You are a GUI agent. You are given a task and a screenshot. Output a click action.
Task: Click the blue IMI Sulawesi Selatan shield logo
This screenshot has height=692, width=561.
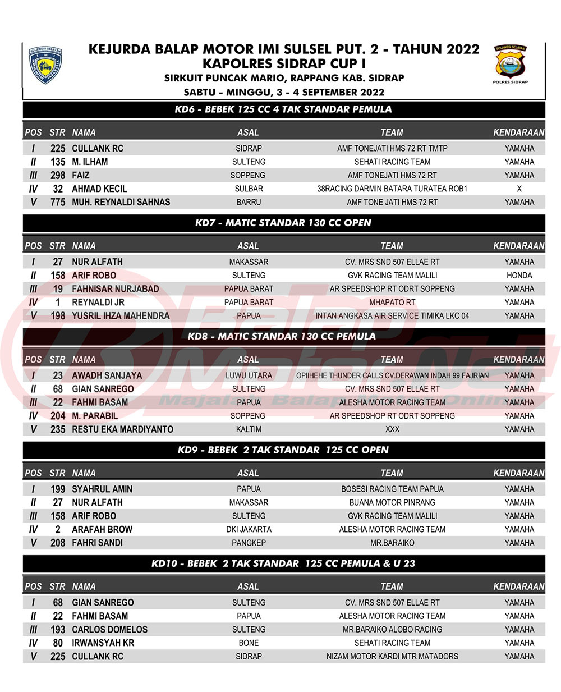pyautogui.click(x=45, y=65)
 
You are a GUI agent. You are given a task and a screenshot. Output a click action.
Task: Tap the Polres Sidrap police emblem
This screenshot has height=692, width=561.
pyautogui.click(x=511, y=63)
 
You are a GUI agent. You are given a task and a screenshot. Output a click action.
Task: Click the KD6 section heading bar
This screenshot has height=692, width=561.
pyautogui.click(x=283, y=109)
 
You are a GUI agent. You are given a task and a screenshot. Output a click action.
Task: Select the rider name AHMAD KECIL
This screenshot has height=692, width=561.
pyautogui.click(x=99, y=189)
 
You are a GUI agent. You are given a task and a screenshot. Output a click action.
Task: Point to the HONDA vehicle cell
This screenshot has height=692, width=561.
pyautogui.click(x=519, y=276)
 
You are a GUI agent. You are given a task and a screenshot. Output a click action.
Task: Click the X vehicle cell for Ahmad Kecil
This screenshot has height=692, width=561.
pyautogui.click(x=519, y=189)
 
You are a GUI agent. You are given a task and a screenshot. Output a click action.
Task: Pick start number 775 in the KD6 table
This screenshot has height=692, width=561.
pyautogui.click(x=58, y=203)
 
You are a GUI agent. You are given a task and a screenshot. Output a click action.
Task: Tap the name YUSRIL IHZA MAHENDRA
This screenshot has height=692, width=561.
pyautogui.click(x=121, y=316)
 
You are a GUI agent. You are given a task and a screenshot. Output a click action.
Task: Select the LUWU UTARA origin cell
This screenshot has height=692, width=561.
pyautogui.click(x=249, y=375)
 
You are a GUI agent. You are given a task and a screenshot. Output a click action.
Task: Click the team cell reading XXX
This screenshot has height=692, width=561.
pyautogui.click(x=392, y=429)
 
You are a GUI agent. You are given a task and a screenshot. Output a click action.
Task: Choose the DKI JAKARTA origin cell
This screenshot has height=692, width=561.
pyautogui.click(x=249, y=530)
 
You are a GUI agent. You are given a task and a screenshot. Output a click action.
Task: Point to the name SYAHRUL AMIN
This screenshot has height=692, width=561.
pyautogui.click(x=102, y=489)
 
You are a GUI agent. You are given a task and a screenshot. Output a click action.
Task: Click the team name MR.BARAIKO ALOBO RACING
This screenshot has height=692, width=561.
pyautogui.click(x=392, y=630)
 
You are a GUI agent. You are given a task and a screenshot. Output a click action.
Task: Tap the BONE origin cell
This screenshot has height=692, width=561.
pyautogui.click(x=249, y=643)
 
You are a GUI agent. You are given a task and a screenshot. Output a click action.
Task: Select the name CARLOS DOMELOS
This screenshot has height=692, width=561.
pyautogui.click(x=109, y=630)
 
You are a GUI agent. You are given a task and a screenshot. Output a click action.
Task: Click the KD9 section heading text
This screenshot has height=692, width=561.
pyautogui.click(x=283, y=450)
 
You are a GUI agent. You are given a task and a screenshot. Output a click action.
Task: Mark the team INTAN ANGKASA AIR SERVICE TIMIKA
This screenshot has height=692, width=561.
pyautogui.click(x=392, y=316)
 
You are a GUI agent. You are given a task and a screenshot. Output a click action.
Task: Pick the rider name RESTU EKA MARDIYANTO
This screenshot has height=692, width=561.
pyautogui.click(x=122, y=429)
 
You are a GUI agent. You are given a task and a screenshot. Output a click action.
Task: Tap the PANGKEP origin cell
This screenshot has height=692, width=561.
pyautogui.click(x=249, y=543)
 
